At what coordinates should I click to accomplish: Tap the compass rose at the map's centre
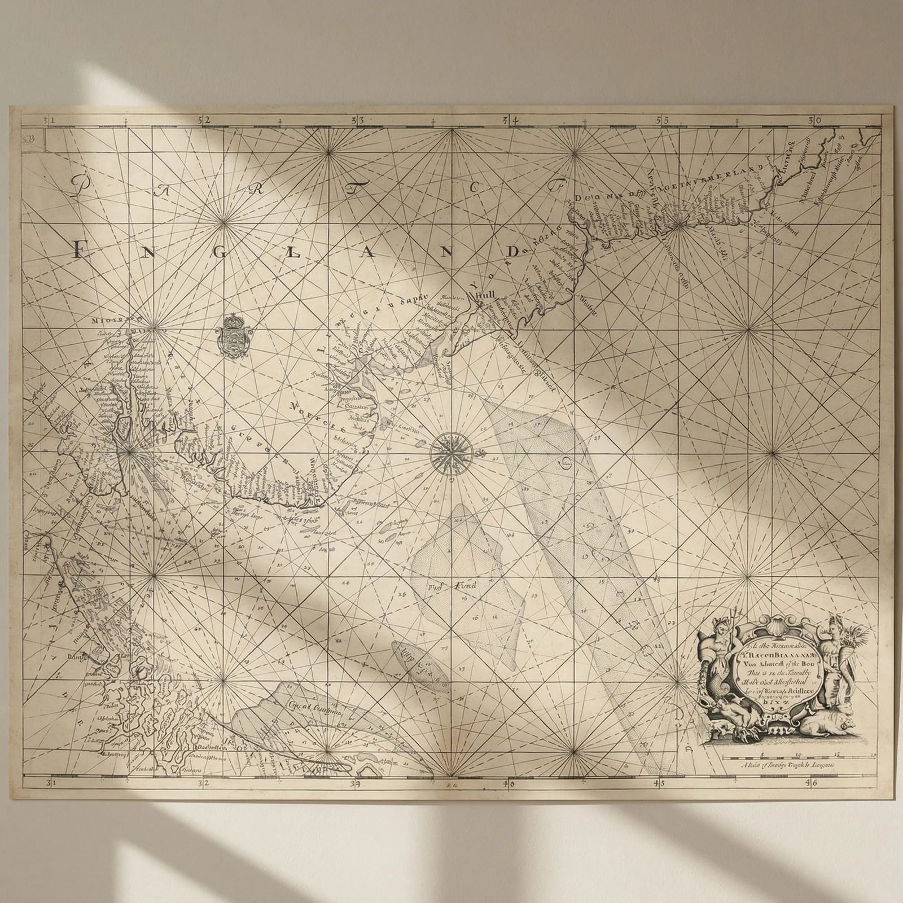[451, 450]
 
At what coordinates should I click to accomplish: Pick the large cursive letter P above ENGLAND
[84, 185]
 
